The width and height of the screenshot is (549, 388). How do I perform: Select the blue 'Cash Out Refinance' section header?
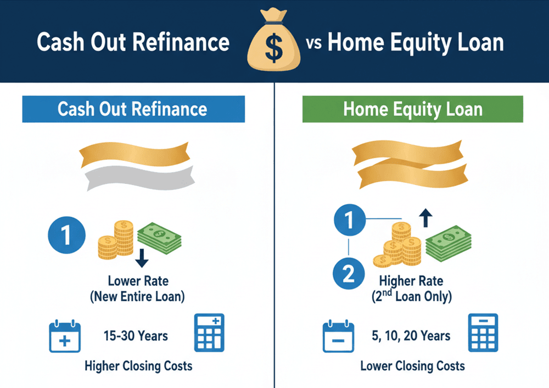pyautogui.click(x=132, y=108)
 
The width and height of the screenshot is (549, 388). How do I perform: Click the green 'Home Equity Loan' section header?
pyautogui.click(x=412, y=109)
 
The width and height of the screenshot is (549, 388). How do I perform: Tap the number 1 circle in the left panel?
pyautogui.click(x=67, y=237)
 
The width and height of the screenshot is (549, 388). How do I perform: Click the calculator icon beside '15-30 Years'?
pyautogui.click(x=209, y=333)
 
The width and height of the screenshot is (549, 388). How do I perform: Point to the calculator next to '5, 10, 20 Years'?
pyautogui.click(x=483, y=333)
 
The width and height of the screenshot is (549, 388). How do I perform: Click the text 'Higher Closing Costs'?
pyautogui.click(x=138, y=366)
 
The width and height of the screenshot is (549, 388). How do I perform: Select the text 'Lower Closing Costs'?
pyautogui.click(x=412, y=365)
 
